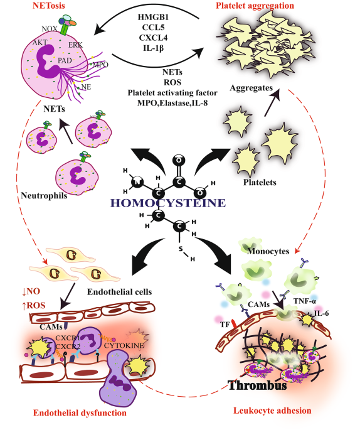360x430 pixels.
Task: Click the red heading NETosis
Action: point(49,6)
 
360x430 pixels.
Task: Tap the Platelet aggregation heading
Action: point(255,6)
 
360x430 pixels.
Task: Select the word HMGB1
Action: point(153,18)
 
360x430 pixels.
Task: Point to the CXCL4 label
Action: point(153,38)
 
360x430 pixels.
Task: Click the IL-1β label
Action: point(153,48)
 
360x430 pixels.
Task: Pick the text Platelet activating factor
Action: point(172,93)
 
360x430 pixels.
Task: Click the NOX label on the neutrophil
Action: point(50,29)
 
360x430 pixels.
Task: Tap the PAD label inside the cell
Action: point(65,60)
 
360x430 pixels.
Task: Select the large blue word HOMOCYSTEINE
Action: point(168,203)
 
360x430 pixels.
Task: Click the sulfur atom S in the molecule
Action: point(181,249)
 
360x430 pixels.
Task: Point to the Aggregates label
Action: point(251,88)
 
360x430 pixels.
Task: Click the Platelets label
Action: point(260,183)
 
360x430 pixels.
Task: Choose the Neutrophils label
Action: point(44,196)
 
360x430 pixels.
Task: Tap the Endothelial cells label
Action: point(119,292)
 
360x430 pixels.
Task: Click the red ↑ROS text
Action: point(34,306)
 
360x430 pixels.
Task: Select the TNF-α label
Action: point(305,301)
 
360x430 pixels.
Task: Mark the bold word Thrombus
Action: point(257,385)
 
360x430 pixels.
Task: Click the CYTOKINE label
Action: point(124,345)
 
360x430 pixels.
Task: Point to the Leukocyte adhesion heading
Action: point(272,411)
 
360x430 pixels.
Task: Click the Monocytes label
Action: point(268,251)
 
